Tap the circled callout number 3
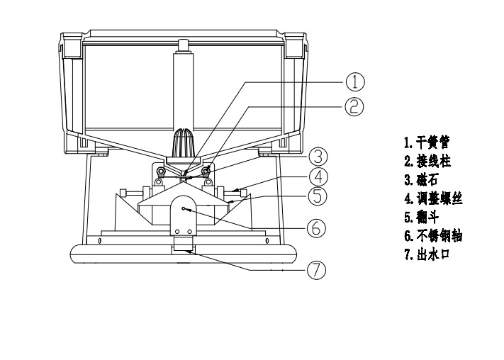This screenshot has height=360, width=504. (x=318, y=155)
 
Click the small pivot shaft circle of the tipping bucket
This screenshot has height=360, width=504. (x=184, y=208)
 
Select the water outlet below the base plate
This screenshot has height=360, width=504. (x=184, y=248)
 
